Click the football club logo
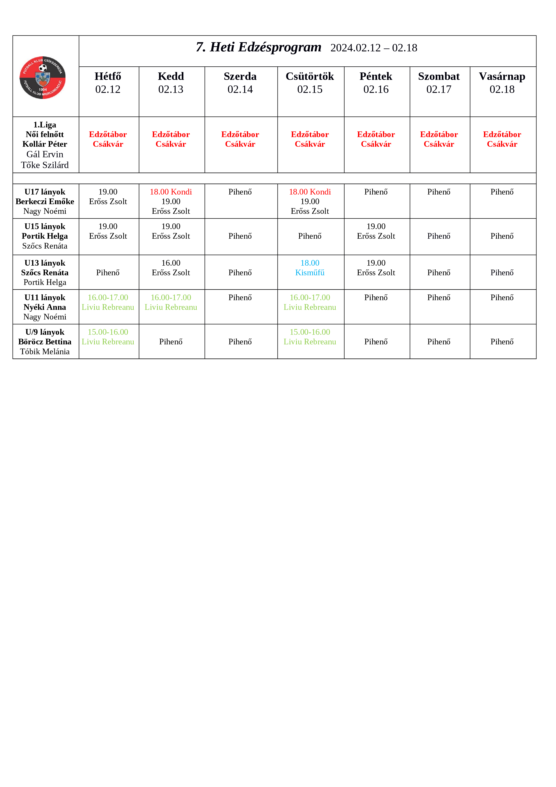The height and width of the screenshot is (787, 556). coord(42,77)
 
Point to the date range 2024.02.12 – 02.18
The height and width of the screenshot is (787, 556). coord(374,48)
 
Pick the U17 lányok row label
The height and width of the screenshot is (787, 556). coord(45,192)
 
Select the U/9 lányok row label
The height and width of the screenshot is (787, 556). coord(45,332)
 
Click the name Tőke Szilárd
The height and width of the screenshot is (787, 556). coord(45,165)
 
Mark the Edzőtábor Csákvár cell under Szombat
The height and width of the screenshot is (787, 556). coord(439,139)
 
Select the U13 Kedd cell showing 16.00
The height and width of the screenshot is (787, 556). coord(171,268)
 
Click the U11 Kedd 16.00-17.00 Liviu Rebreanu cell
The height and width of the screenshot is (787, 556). coord(171,302)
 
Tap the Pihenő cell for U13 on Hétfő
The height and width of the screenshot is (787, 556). coord(108,273)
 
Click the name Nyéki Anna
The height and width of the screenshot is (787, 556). coord(45,307)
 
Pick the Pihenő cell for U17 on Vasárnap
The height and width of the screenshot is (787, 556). coord(502,192)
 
